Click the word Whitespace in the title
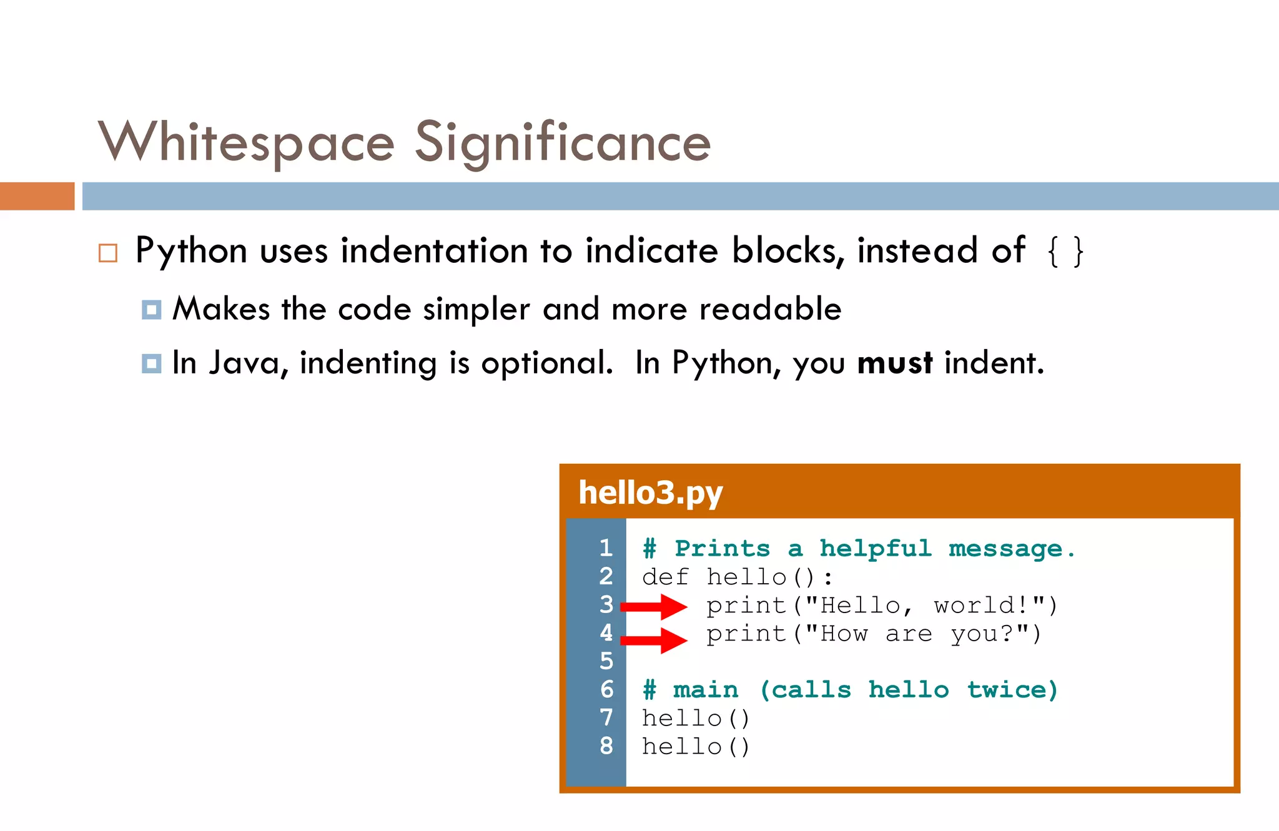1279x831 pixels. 246,142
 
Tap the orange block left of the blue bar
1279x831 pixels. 37,196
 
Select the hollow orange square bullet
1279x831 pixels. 108,253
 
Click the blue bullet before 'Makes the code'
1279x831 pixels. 151,310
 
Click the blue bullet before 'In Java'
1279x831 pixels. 151,363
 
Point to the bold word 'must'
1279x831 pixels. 894,363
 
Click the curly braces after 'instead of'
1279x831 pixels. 1065,252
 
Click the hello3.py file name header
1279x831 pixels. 650,493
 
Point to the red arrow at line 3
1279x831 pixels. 653,606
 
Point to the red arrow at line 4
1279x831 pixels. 653,640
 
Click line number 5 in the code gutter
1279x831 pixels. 606,661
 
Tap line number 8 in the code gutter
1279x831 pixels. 606,745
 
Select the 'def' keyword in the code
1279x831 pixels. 665,577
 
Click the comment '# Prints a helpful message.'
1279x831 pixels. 859,549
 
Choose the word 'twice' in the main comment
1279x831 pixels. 1012,690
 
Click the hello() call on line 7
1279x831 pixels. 696,718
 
